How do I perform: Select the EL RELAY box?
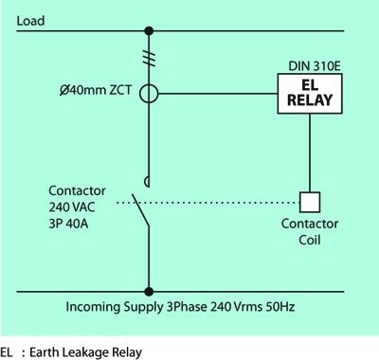(x=305, y=95)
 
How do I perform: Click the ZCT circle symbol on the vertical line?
(x=149, y=95)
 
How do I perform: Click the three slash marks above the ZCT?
(x=149, y=58)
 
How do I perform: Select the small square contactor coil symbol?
(x=310, y=202)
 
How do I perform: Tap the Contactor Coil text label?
(x=310, y=234)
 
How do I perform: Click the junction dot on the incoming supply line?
(x=149, y=292)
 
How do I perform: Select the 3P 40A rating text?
(x=66, y=220)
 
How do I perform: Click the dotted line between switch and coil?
(x=218, y=202)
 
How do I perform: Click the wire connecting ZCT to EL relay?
(x=218, y=95)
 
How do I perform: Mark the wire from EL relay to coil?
(x=310, y=152)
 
